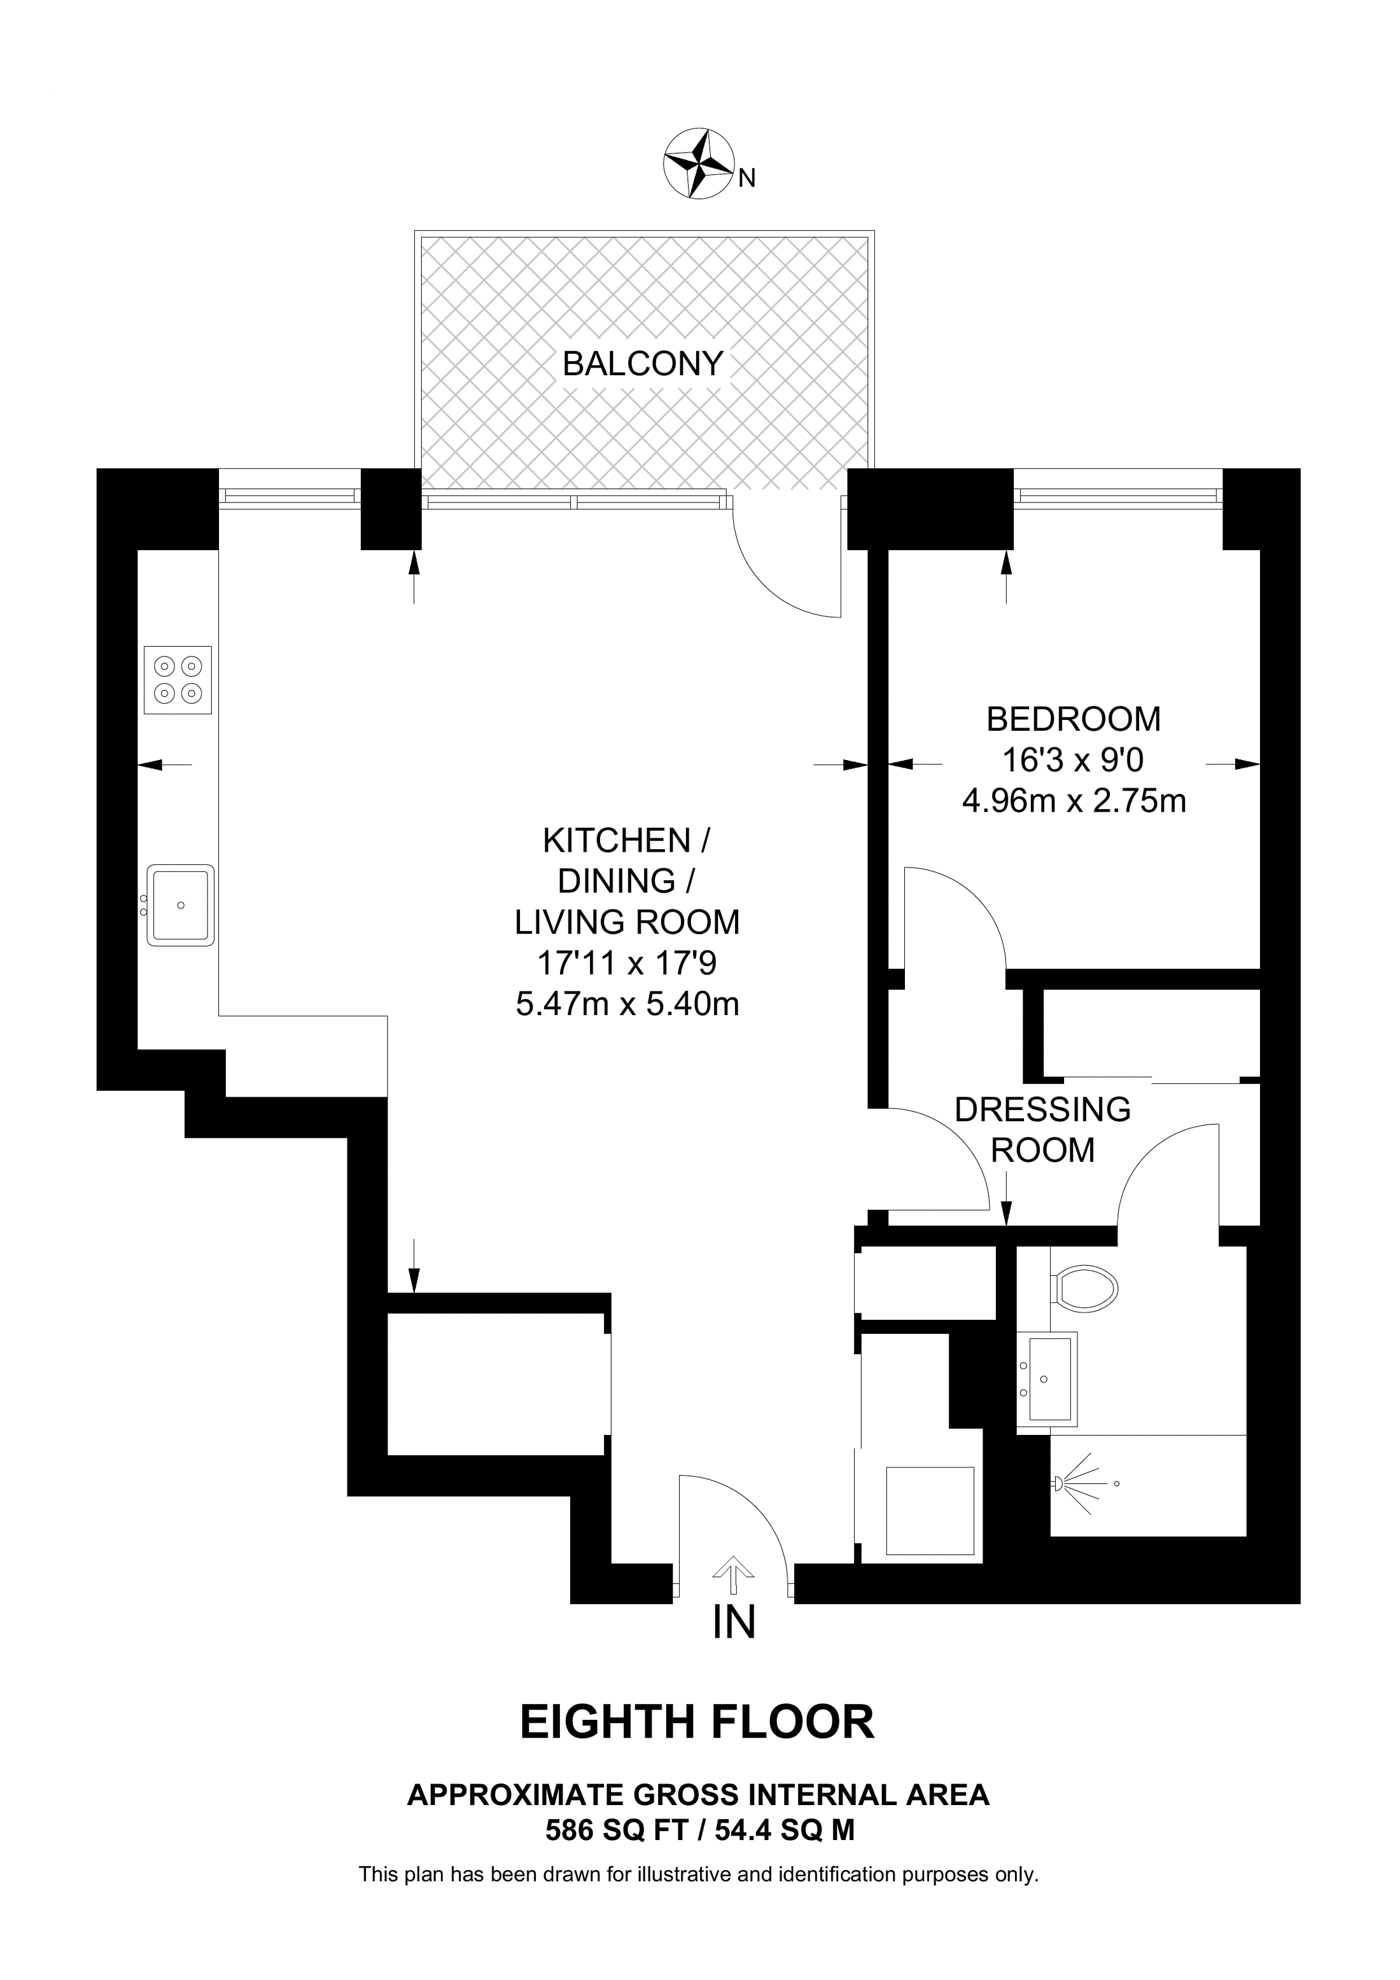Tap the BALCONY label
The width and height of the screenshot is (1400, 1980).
point(642,364)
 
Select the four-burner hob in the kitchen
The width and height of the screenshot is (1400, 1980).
point(178,679)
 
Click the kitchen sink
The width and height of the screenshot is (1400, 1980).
point(180,904)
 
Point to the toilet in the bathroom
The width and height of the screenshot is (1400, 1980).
point(1084,1289)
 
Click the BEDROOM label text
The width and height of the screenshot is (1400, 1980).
point(1073,718)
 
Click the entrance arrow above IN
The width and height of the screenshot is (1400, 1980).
point(733,1576)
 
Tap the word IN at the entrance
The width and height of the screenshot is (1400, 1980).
point(734,1622)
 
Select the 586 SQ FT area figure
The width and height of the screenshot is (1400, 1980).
point(617,1827)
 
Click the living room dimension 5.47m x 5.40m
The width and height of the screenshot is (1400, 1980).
point(627,1004)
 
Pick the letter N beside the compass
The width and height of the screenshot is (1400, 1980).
point(748,179)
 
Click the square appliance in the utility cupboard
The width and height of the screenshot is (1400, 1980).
point(929,1511)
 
